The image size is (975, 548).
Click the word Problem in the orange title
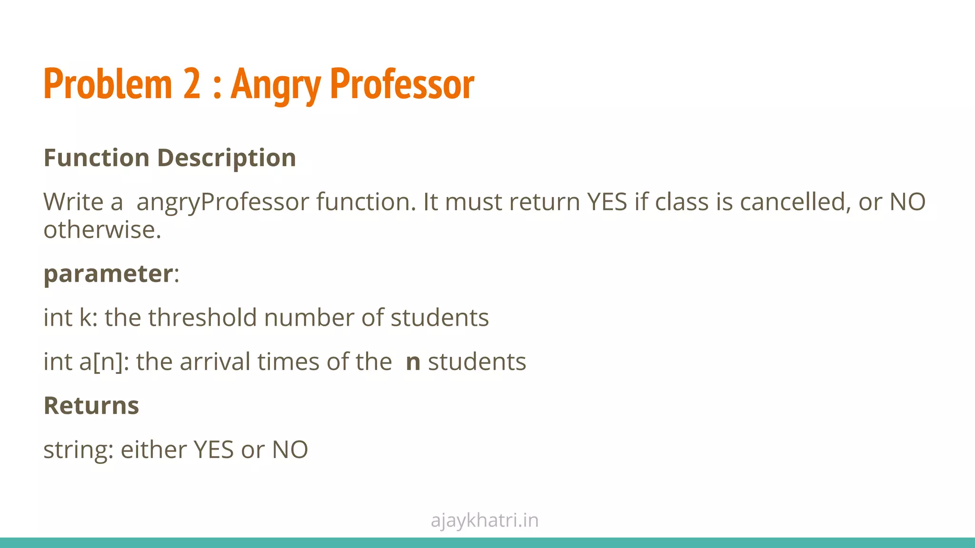[108, 84]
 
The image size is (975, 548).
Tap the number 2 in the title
[192, 84]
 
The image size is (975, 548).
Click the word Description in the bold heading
[227, 158]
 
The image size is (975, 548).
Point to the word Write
[73, 202]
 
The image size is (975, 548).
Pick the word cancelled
[795, 202]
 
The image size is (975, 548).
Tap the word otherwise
[102, 230]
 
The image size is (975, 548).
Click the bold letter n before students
[413, 362]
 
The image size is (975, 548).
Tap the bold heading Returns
[91, 406]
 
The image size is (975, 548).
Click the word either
[153, 450]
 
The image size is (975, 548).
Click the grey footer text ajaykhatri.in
[485, 520]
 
